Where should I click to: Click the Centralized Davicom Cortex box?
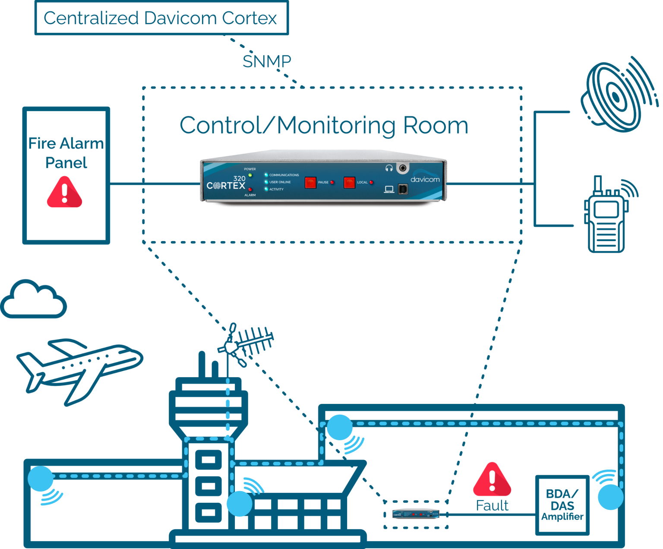161,18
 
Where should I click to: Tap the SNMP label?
266,62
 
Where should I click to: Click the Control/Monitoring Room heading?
324,125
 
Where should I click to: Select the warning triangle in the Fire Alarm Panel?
64,193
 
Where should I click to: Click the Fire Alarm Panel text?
66,153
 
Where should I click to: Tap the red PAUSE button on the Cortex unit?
310,182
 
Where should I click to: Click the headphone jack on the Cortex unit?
403,168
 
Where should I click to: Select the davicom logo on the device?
425,179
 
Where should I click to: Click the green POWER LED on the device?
250,175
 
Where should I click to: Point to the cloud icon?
33,299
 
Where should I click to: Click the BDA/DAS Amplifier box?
562,505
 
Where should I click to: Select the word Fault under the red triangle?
492,505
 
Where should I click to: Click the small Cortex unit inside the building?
415,514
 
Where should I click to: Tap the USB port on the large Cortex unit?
403,189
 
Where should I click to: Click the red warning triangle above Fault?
492,480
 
